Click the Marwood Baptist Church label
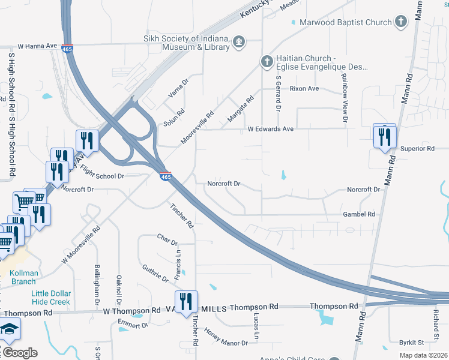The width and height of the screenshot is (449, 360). (345, 22)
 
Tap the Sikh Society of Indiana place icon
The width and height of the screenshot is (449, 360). (239, 41)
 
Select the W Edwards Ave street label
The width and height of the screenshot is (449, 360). (271, 129)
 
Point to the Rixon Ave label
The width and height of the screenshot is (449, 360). (304, 89)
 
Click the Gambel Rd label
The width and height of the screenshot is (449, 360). (358, 214)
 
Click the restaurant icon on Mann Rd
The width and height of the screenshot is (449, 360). (384, 136)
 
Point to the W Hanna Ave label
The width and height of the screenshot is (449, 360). (37, 46)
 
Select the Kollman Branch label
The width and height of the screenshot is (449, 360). (25, 277)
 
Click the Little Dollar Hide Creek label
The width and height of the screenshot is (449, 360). (51, 298)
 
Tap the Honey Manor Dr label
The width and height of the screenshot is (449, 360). (226, 337)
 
